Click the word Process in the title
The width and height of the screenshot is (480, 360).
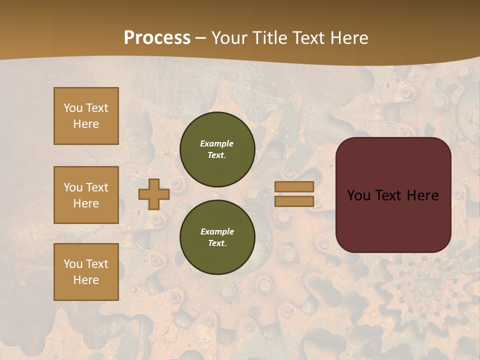click(157, 38)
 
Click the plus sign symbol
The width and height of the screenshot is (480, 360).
click(153, 194)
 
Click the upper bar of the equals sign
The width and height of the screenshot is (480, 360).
click(294, 186)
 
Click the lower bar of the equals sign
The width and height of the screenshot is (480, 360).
click(294, 201)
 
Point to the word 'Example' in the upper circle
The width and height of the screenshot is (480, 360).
click(216, 143)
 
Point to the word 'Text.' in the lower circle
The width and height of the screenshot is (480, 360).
click(217, 243)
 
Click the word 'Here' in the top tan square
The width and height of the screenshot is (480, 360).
click(86, 124)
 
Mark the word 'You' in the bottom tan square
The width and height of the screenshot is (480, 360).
click(73, 264)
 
